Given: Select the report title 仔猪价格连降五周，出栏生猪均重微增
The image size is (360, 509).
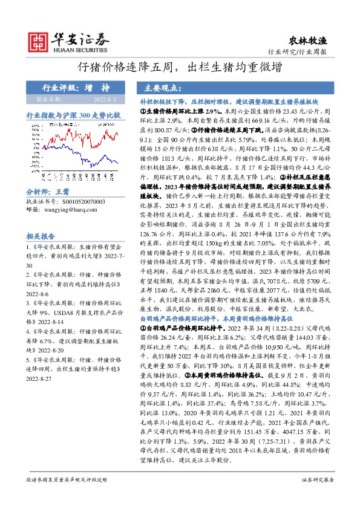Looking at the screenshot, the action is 180,68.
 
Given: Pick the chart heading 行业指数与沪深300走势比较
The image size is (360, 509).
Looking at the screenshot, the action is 73,114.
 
